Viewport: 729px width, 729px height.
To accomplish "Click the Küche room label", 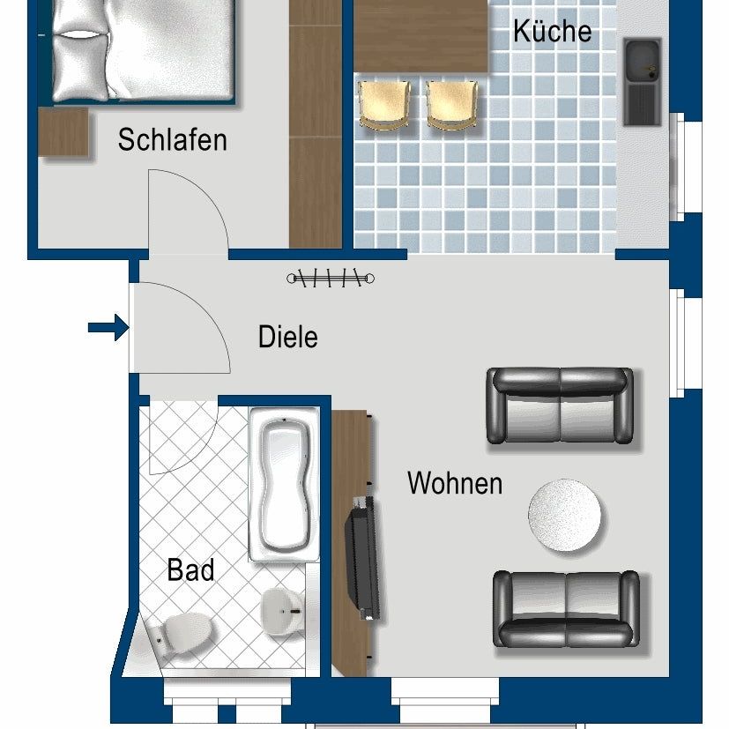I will point(552,32).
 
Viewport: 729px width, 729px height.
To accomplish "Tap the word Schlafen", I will point(172,140).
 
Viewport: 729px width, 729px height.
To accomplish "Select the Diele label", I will point(287,337).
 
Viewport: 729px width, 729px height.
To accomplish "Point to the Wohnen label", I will point(455,483).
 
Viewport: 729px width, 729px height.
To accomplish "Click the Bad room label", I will point(190,570).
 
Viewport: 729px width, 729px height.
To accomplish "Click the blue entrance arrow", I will point(108,329).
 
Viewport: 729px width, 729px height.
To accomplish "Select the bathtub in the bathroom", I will point(284,484).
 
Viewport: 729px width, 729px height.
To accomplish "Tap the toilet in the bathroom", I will point(181,632).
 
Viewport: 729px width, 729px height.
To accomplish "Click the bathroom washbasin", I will point(281,609).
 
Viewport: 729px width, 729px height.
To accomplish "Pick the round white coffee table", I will point(566,516).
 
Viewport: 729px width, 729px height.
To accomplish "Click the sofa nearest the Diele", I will point(560,405).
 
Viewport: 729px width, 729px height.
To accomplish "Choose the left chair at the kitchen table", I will point(385,105).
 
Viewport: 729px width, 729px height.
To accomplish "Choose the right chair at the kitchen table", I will point(454,105).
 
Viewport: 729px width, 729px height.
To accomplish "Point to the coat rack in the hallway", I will point(331,279).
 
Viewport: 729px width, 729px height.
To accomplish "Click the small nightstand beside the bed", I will point(63,132).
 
